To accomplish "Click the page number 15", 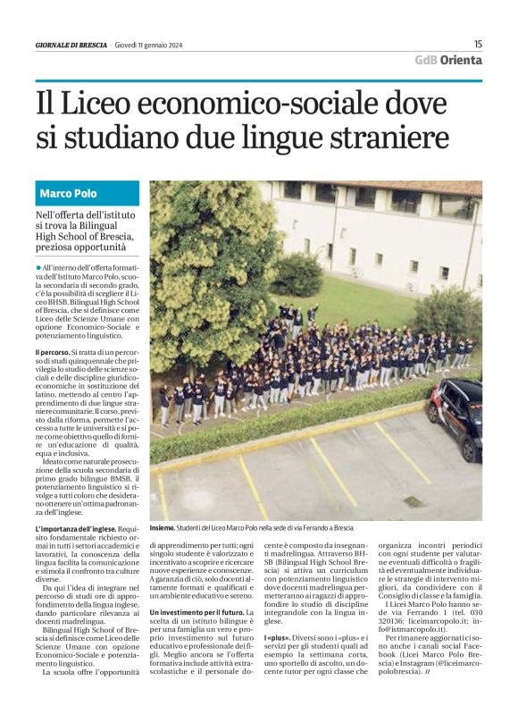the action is click(478, 44).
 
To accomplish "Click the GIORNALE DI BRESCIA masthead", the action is click(71, 45).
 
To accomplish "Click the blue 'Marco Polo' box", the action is click(88, 193).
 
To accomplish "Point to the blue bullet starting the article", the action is click(38, 267).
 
